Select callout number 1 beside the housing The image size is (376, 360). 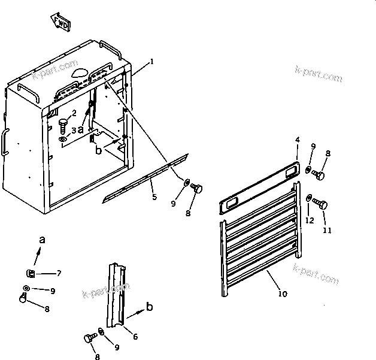tap(152, 62)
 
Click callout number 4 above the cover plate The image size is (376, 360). tap(297, 140)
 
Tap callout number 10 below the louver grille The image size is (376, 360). tap(283, 294)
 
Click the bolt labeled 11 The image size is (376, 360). tap(322, 205)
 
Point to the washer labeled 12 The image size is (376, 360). tap(308, 198)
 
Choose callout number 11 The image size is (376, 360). tap(328, 229)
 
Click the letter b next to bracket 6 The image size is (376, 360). tap(150, 307)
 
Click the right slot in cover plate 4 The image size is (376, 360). tap(292, 171)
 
